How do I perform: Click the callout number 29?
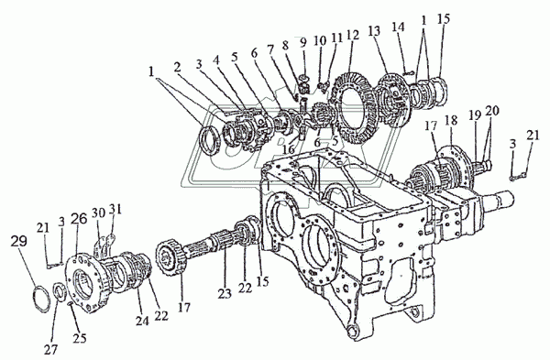coord(18,241)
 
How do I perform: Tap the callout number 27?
coord(52,349)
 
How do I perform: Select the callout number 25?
coord(80,338)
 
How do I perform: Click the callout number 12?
coord(353,36)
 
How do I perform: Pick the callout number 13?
coord(375,31)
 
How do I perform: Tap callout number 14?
coord(398,27)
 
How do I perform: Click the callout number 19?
coord(475,115)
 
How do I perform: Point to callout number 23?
coord(225,293)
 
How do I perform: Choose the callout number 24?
coord(142,321)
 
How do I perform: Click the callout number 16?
coord(290,149)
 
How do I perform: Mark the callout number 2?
coord(178,67)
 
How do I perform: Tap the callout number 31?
coord(115,209)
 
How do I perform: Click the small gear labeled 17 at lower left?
coord(170,255)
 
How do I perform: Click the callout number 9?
coord(303,42)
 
